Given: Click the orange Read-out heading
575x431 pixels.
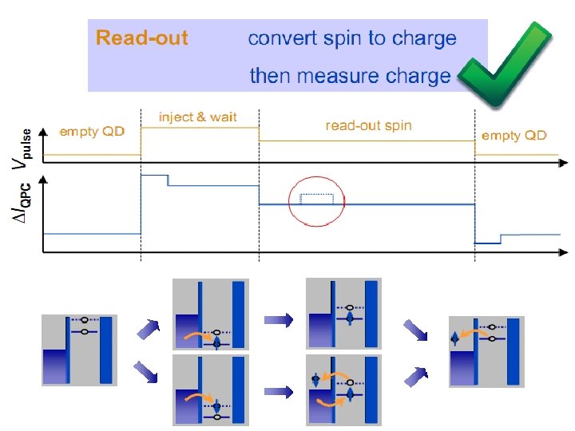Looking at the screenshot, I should click(x=142, y=38).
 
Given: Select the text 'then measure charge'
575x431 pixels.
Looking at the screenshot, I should click(x=350, y=76).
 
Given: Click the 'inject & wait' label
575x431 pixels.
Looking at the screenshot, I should click(x=197, y=117).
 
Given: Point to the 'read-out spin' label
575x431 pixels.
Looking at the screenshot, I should click(x=368, y=125).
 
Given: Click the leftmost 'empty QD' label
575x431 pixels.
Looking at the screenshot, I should click(x=92, y=132).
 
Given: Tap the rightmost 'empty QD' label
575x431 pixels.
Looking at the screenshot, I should click(x=514, y=136).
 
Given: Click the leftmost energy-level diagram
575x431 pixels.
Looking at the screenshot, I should click(x=79, y=350).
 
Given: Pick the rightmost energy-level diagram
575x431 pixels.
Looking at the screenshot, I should click(x=486, y=351).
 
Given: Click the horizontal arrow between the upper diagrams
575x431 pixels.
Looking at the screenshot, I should click(x=277, y=319).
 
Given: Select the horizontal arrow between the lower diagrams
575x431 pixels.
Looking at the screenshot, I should click(x=277, y=391).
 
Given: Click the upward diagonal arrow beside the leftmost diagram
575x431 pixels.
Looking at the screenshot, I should click(x=149, y=328).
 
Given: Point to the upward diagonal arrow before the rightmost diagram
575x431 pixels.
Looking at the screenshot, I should click(x=415, y=374).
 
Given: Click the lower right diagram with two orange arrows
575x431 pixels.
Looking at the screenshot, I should click(x=343, y=391).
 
